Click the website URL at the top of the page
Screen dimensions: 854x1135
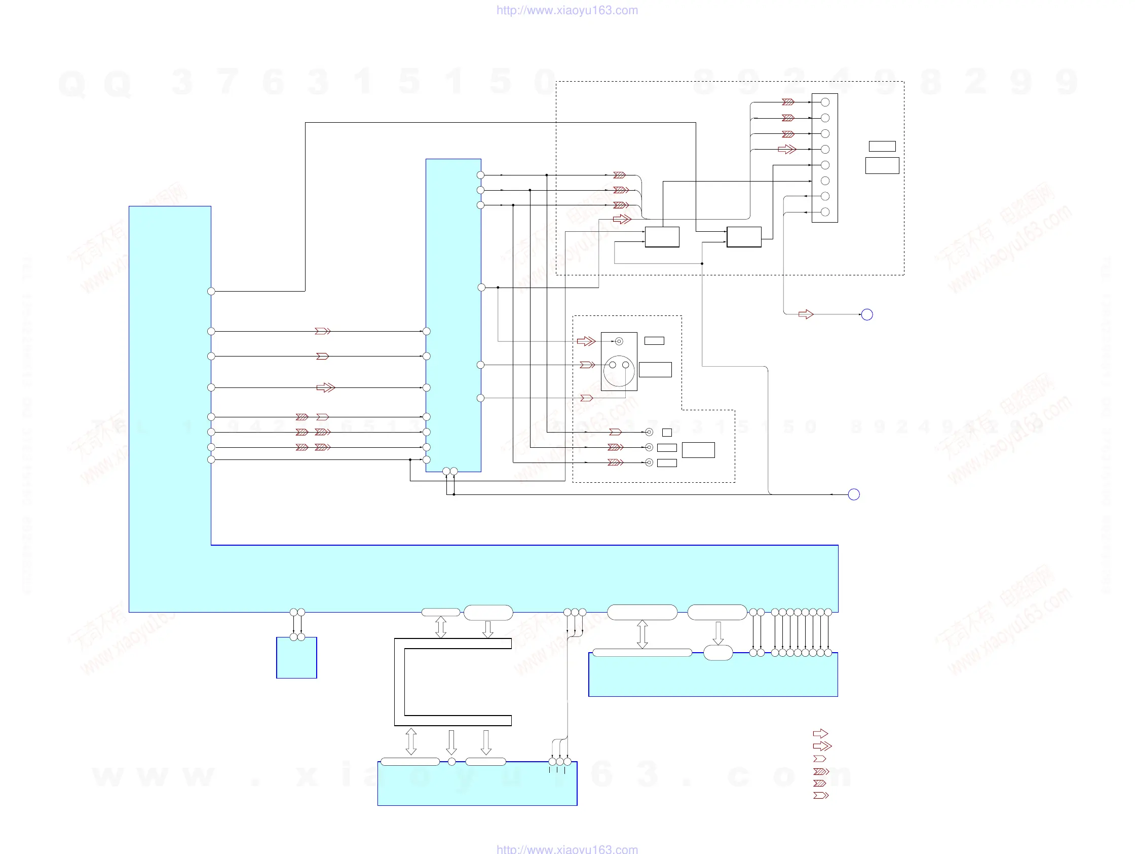point(567,10)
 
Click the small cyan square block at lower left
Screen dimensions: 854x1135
point(296,659)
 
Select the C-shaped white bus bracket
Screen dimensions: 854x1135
point(400,682)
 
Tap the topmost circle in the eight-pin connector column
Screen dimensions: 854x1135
point(825,102)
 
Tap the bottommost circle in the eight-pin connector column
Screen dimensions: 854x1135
point(825,211)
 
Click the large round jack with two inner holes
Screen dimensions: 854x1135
point(619,371)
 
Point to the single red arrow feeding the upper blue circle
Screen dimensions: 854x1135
point(806,314)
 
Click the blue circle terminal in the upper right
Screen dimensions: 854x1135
point(866,314)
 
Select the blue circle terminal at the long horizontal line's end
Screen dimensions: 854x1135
point(854,494)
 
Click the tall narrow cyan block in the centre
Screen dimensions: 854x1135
point(453,314)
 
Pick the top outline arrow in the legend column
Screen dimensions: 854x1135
point(820,733)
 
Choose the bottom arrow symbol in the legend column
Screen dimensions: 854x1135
point(820,796)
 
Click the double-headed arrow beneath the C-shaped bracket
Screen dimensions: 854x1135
point(411,741)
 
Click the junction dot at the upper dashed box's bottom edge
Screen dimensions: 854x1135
point(702,263)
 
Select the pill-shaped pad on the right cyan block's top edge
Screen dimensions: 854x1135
point(718,653)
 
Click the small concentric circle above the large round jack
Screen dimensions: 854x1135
point(619,341)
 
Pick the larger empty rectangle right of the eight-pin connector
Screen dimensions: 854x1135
point(882,165)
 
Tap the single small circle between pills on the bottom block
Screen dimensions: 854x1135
point(451,762)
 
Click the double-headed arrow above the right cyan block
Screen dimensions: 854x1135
point(642,634)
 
